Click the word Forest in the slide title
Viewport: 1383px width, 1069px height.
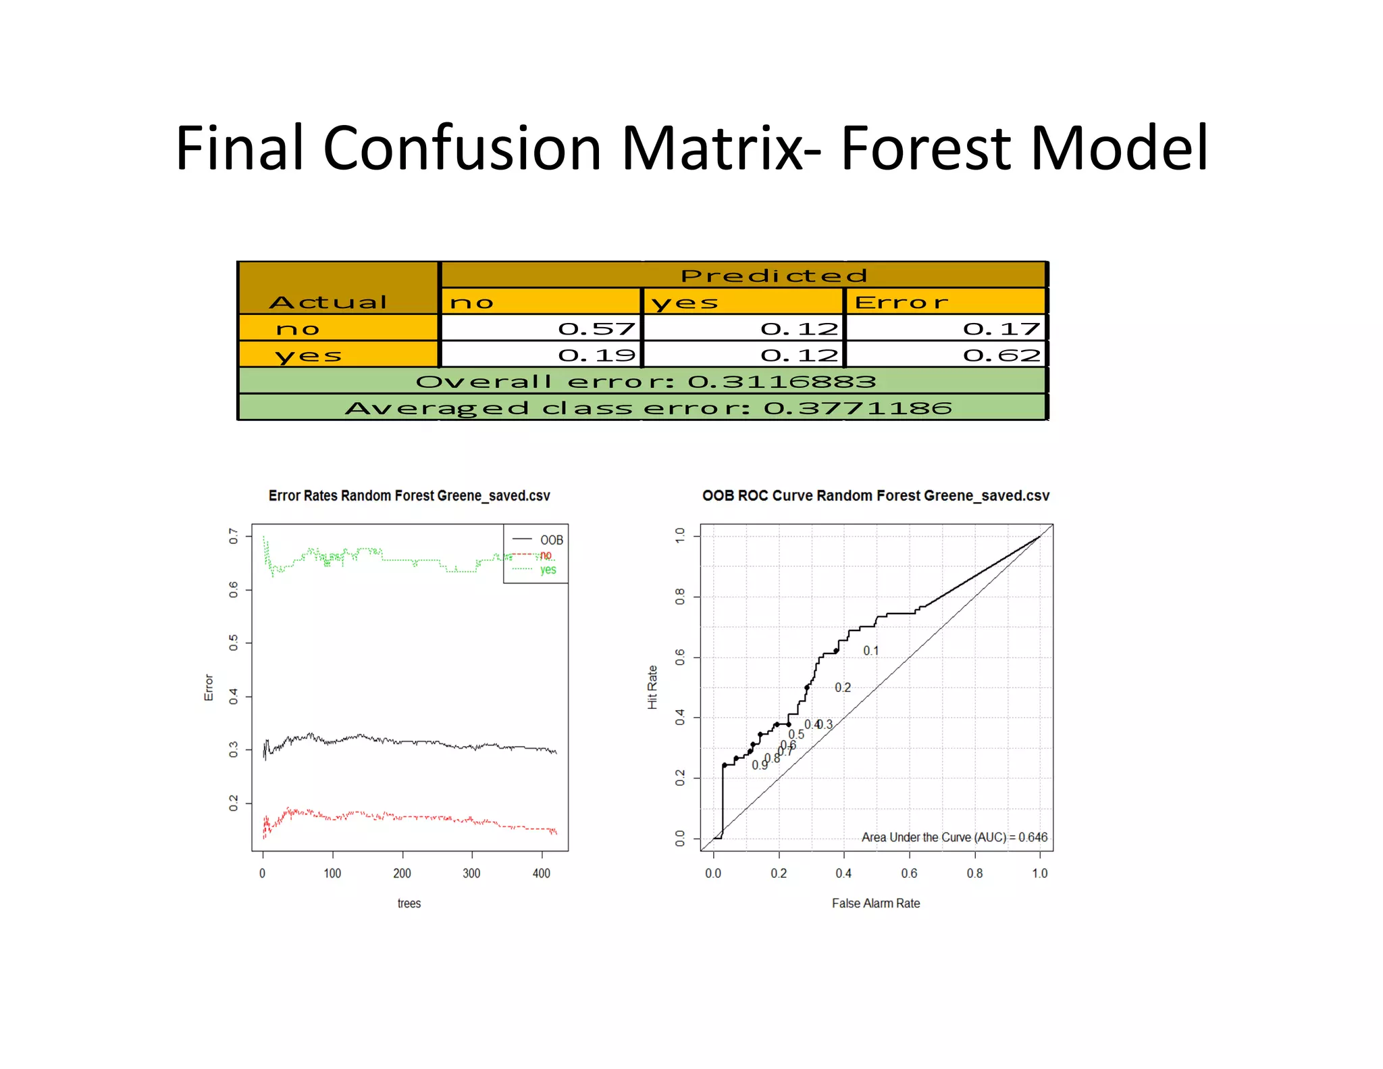click(925, 148)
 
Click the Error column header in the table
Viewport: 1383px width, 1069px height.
click(902, 302)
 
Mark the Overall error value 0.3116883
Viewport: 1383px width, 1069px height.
click(781, 382)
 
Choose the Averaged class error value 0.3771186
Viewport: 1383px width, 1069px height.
click(858, 408)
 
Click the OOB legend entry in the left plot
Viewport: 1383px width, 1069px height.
click(551, 540)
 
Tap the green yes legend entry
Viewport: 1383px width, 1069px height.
click(548, 570)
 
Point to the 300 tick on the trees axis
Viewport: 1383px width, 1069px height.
click(471, 873)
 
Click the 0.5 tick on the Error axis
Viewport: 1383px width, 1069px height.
click(234, 643)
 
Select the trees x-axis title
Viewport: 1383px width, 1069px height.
click(409, 903)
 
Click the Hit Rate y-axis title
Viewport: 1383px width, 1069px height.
click(652, 687)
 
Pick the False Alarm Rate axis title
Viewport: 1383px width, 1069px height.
click(875, 903)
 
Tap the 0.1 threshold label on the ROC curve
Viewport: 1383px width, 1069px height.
click(870, 651)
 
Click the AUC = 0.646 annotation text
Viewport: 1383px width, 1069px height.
click(954, 837)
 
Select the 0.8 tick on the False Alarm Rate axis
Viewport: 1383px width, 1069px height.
click(974, 873)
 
